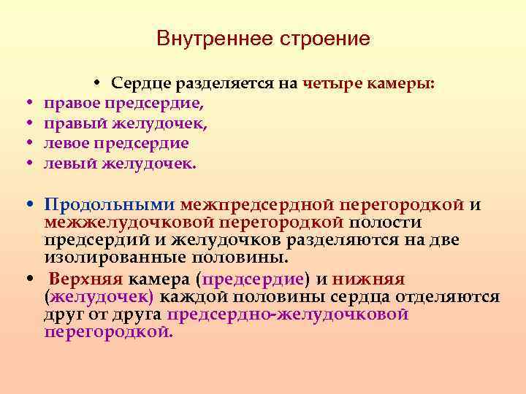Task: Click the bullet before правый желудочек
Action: [x=27, y=124]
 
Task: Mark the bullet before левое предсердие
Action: [x=27, y=144]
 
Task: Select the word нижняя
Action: [x=369, y=279]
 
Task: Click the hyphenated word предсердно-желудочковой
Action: [x=287, y=314]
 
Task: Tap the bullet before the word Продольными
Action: [x=27, y=204]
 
